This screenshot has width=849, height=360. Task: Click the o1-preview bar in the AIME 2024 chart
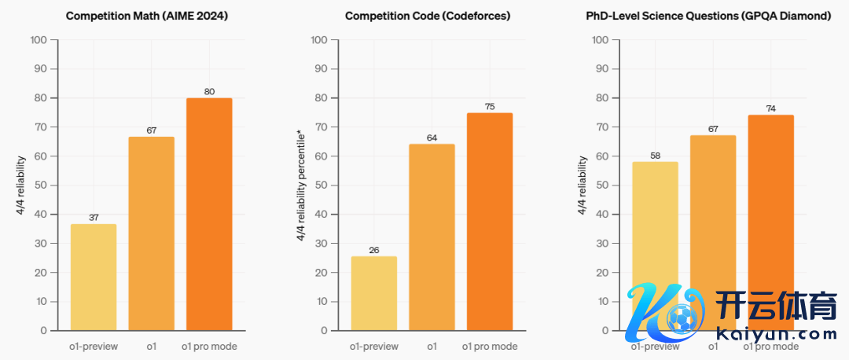(x=94, y=277)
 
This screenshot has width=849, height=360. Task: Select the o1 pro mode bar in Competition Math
(x=209, y=214)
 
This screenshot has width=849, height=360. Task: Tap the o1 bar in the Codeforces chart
(x=432, y=237)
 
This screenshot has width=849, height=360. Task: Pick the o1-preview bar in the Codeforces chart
(x=374, y=292)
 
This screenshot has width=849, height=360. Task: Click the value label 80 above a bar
(x=209, y=91)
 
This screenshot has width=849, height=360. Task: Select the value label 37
(x=94, y=218)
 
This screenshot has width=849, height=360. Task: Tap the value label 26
(x=374, y=250)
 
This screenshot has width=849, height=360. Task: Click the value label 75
(x=490, y=106)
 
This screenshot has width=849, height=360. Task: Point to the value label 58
(x=655, y=156)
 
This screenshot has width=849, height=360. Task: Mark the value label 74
(x=770, y=108)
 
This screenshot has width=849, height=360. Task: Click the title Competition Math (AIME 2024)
(x=147, y=15)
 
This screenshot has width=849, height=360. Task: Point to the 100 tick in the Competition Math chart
(x=41, y=39)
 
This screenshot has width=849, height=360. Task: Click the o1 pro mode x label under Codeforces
(x=490, y=346)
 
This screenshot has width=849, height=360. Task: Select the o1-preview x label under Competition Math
(x=94, y=346)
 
